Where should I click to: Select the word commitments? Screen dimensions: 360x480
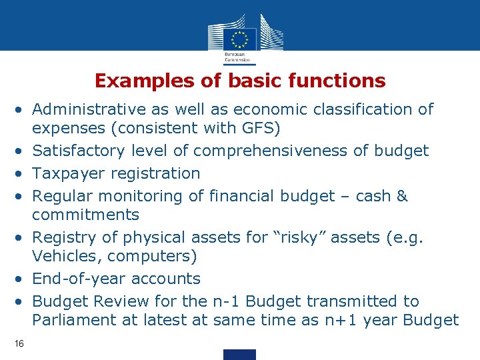coord(85,215)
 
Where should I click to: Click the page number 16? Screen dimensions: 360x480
coord(19,343)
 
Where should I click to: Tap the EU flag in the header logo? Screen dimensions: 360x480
coord(239,37)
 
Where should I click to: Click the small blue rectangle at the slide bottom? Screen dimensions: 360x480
coord(239,354)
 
